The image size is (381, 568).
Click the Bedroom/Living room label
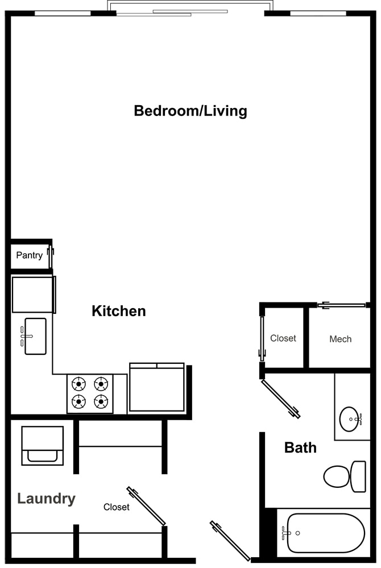190,110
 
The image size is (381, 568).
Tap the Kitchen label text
119,311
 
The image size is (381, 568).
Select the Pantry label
29,255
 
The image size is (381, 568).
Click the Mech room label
340,339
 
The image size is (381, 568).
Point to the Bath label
300,447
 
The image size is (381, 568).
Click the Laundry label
46,499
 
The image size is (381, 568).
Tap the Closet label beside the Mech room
283,338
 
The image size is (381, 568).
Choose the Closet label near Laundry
116,507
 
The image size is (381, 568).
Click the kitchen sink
35,336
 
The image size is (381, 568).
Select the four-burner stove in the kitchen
90,393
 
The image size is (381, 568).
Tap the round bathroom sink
350,420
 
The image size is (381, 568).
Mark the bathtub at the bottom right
325,533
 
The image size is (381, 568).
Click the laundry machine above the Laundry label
42,445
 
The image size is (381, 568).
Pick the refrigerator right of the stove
157,387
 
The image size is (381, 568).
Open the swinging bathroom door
280,399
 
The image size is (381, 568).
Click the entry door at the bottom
230,541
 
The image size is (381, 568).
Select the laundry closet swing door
146,506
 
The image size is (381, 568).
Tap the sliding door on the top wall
190,12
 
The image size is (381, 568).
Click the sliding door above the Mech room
341,305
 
